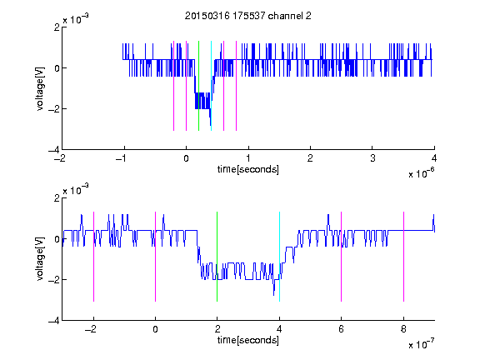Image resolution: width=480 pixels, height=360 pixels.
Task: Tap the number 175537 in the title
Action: click(x=248, y=16)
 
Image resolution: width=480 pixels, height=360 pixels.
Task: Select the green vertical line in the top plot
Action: click(x=198, y=86)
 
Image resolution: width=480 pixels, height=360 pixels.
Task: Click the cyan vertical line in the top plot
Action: click(x=211, y=86)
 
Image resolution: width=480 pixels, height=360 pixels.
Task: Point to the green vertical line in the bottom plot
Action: click(x=217, y=257)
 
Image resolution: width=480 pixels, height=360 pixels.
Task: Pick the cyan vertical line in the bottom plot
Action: click(x=279, y=257)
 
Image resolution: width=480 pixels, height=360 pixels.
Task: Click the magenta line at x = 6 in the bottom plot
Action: click(x=342, y=257)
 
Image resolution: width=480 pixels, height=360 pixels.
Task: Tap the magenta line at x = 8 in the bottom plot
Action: click(x=404, y=257)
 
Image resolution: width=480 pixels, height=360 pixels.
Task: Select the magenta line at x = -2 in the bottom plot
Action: click(x=93, y=257)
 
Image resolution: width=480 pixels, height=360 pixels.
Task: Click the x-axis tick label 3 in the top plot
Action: click(x=372, y=158)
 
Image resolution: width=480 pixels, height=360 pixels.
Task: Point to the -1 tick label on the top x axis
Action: click(x=122, y=158)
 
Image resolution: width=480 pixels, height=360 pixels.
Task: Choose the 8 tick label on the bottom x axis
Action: click(x=404, y=329)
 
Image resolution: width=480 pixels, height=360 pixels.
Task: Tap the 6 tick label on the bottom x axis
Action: click(x=342, y=329)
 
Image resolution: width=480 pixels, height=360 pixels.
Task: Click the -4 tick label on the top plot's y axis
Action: click(x=54, y=150)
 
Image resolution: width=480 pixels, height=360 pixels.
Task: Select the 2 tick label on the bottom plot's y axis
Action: click(x=57, y=198)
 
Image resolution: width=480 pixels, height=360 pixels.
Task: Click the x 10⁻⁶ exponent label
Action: click(x=421, y=173)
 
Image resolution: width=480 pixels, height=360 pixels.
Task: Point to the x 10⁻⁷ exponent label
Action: click(x=421, y=344)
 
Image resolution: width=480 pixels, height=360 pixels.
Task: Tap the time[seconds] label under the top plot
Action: click(x=248, y=169)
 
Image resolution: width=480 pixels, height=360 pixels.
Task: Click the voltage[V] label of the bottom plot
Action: click(x=40, y=259)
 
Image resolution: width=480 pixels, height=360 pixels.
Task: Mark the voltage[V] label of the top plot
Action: click(x=40, y=89)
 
